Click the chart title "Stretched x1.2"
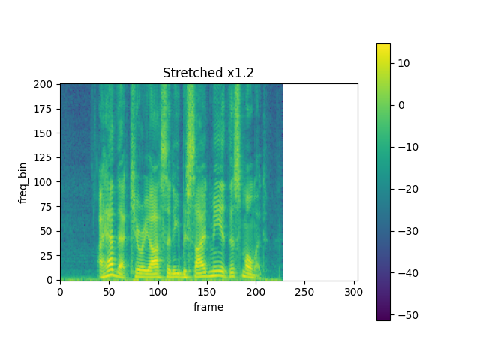[x=208, y=73]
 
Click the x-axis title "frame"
[x=208, y=307]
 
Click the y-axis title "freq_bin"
[x=23, y=181]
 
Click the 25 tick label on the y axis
[x=46, y=255]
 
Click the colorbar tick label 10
[x=403, y=63]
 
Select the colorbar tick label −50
[x=406, y=314]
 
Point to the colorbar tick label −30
[x=406, y=230]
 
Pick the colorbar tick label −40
[x=406, y=272]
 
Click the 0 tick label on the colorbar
[x=400, y=105]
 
